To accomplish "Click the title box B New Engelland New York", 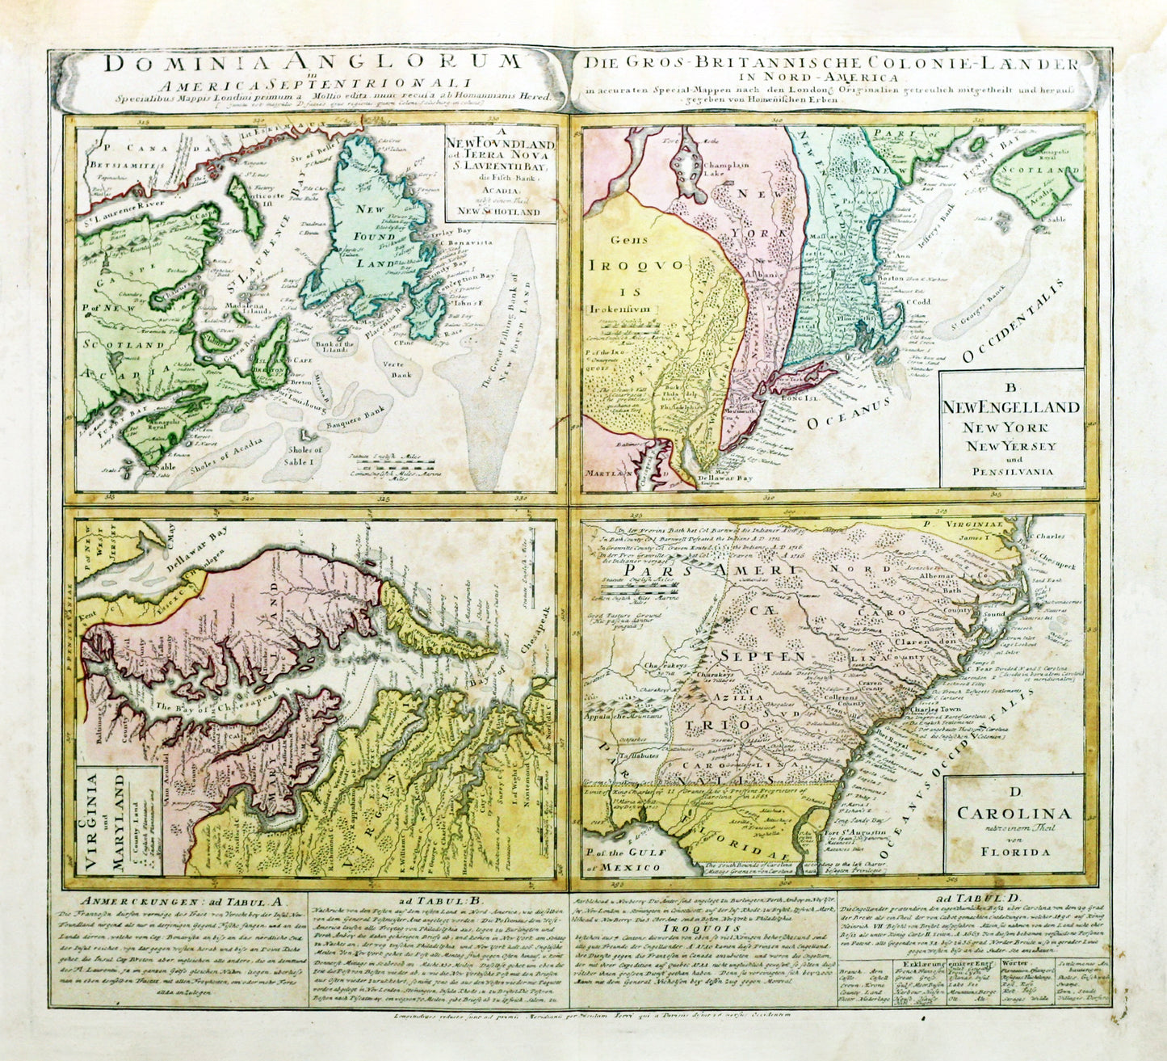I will [x=1014, y=429].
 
